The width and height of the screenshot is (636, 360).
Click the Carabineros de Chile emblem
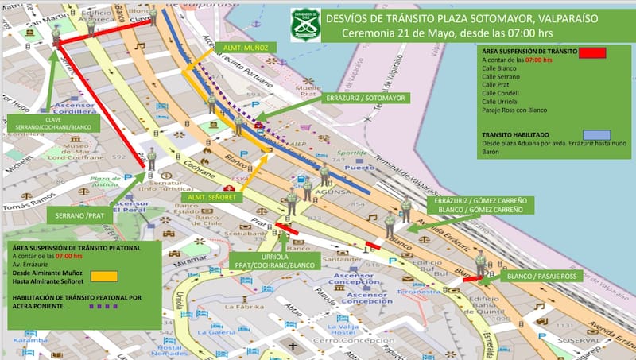304,24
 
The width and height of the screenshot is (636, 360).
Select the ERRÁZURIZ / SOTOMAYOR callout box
365,98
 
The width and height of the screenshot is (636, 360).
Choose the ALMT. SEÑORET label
207,196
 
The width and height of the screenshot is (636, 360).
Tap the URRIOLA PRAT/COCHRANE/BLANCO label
274,261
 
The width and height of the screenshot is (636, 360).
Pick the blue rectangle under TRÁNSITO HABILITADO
595,134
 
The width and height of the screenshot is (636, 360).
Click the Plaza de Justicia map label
104,182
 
